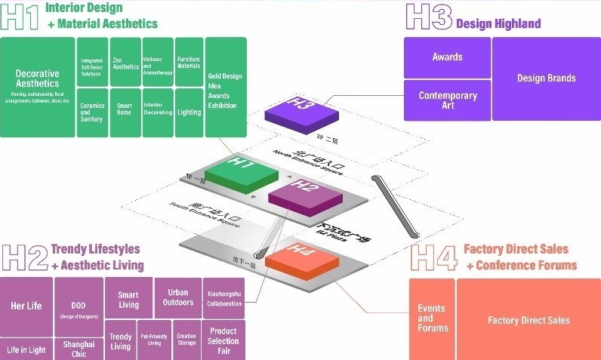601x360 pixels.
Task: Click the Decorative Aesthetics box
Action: (37, 87)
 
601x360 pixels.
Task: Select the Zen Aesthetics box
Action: (125, 63)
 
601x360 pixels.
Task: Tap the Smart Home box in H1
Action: (125, 109)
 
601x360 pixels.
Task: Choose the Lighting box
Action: (189, 112)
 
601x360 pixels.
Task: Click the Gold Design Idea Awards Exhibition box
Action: (226, 87)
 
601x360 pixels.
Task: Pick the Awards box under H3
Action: (447, 57)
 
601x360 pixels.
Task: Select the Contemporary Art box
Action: (447, 100)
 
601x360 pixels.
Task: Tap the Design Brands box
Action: (546, 78)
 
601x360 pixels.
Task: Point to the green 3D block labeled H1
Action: (242, 169)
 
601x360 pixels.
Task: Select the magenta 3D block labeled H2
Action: (302, 194)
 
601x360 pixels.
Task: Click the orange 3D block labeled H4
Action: (302, 257)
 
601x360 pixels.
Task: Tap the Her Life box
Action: (26, 306)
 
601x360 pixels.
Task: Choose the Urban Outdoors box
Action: (177, 297)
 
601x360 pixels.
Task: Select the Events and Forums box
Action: (432, 318)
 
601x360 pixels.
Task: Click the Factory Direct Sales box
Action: (529, 320)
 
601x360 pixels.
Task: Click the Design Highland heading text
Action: (498, 23)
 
